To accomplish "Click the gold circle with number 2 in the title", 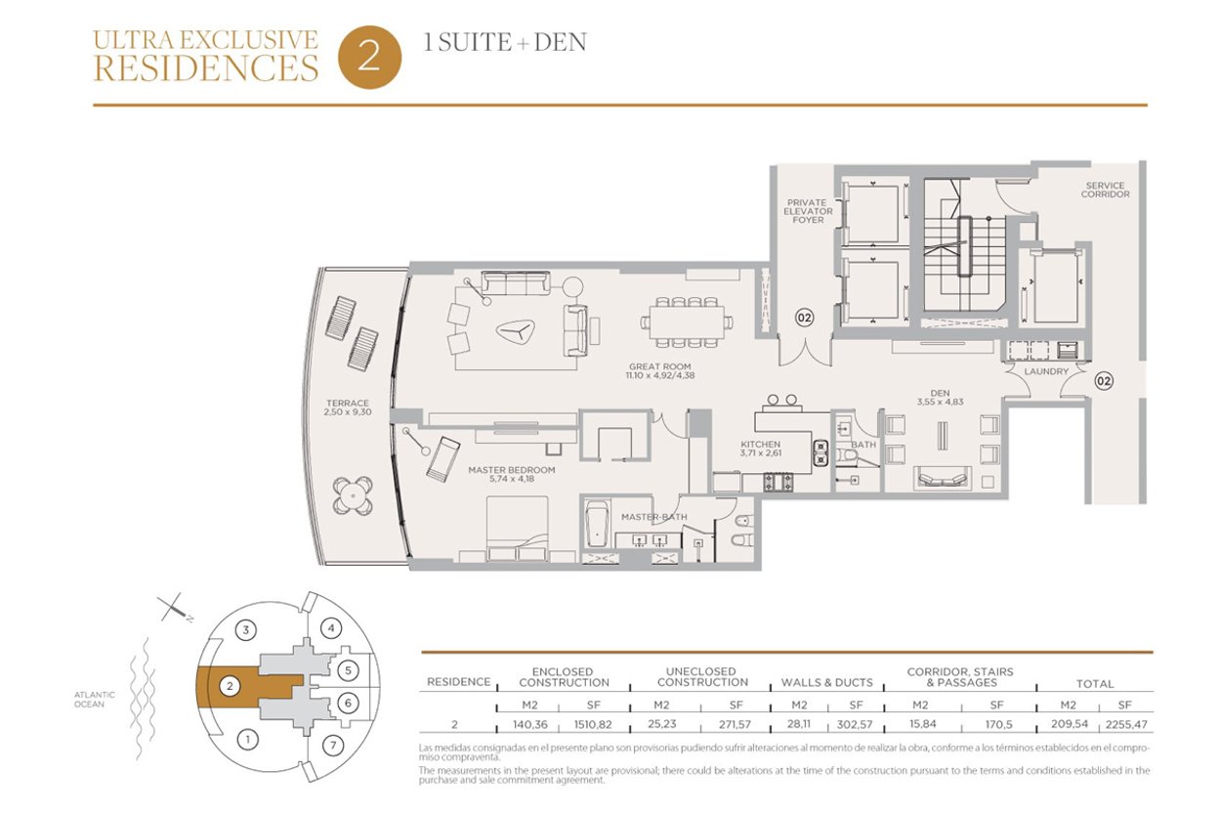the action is tap(369, 58).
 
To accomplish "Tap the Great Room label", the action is tap(659, 366).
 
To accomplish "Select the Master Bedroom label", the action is tap(511, 470).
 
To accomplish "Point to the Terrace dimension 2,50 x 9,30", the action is tap(347, 412).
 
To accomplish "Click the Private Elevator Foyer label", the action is tap(808, 211).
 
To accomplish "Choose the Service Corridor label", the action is tap(1105, 190).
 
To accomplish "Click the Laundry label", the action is tap(1046, 371).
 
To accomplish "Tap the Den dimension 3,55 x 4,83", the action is tap(940, 402).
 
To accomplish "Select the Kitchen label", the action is tap(760, 445).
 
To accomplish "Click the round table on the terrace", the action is tap(354, 495).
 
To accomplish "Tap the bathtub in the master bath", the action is tap(598, 524).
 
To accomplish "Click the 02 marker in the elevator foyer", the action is tap(805, 318).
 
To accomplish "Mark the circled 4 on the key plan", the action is tap(331, 628).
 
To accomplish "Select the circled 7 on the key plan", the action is tap(333, 746).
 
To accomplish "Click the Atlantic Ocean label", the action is tap(95, 700).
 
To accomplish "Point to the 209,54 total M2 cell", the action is tap(1070, 724).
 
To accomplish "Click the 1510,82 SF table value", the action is tap(593, 724).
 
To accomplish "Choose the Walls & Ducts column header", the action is tap(827, 683).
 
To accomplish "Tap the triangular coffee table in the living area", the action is tap(516, 330).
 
